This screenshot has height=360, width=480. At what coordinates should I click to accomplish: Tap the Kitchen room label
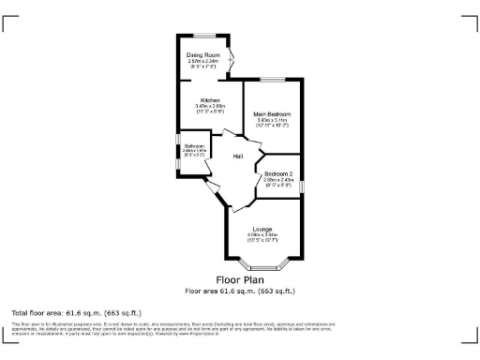(209, 99)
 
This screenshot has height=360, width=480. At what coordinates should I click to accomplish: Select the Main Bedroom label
(272, 113)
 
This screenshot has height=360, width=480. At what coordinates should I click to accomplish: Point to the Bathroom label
(194, 146)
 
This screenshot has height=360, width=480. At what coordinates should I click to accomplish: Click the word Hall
(238, 156)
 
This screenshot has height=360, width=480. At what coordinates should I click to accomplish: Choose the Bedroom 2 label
(277, 173)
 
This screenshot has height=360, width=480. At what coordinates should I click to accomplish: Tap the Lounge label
(262, 229)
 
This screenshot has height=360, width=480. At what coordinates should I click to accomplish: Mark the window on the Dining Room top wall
(203, 36)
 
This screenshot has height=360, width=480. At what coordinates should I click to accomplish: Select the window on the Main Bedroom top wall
(273, 81)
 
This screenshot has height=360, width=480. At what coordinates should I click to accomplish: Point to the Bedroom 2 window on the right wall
(302, 184)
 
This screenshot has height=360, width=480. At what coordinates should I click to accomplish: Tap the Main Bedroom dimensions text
(272, 122)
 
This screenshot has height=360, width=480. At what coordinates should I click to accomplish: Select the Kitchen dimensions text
(209, 109)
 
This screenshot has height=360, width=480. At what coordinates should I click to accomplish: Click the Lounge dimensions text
(262, 236)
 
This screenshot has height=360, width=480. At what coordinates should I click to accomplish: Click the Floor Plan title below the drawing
(240, 279)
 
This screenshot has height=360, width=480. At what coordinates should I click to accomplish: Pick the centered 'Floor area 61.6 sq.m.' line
(240, 291)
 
